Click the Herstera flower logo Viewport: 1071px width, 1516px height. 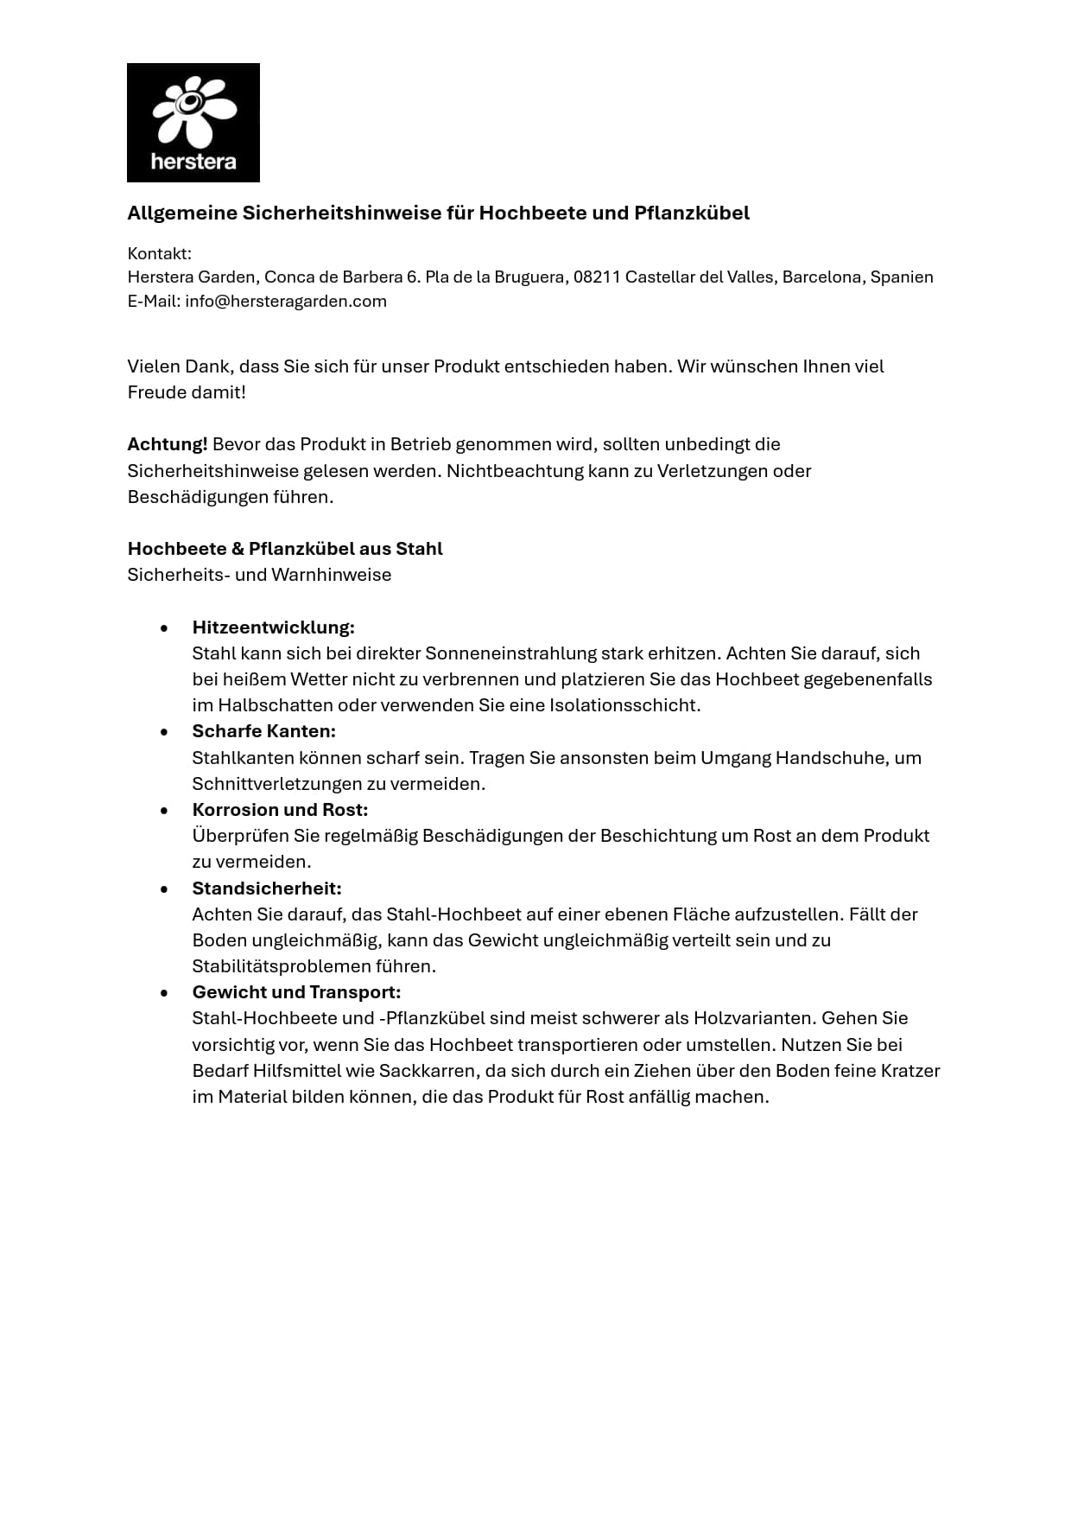point(193,122)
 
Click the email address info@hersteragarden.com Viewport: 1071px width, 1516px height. point(285,302)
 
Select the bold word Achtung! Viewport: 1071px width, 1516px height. point(168,444)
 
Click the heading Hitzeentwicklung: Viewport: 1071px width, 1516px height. point(273,627)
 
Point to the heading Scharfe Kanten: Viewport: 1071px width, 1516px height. point(263,731)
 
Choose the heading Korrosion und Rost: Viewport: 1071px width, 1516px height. point(280,810)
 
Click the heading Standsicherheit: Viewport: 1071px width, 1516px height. point(267,889)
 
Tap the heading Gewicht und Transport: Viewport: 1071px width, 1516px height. point(296,992)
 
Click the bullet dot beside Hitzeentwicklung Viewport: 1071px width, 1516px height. point(164,628)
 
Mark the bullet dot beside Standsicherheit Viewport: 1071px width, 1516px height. point(164,889)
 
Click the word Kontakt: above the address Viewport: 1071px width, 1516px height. point(159,253)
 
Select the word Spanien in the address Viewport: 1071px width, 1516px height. point(902,277)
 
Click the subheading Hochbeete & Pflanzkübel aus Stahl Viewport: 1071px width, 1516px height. point(285,549)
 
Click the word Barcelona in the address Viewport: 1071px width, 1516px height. point(821,277)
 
